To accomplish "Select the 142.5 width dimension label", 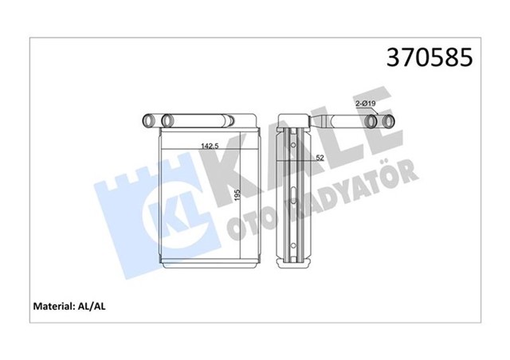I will point(210,146).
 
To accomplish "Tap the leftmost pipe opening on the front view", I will point(148,120).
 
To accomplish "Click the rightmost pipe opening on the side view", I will point(391,121).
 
